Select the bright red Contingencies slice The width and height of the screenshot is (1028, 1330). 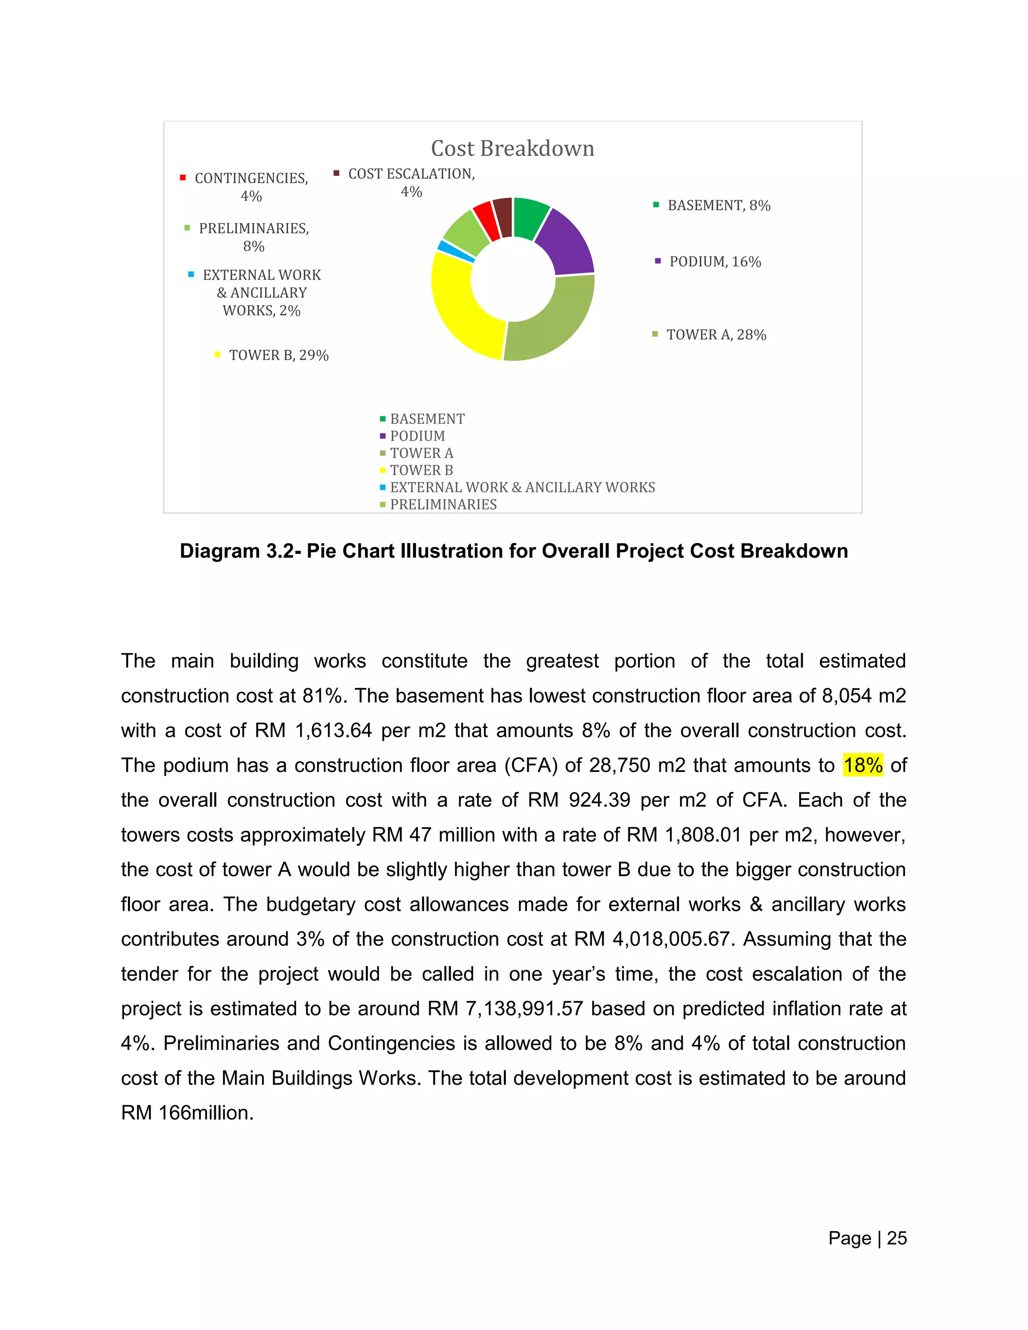pyautogui.click(x=485, y=219)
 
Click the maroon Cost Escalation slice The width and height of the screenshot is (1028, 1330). pyautogui.click(x=503, y=216)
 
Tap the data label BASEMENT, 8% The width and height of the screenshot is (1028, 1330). pyautogui.click(x=719, y=205)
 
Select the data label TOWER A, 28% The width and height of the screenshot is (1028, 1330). pyautogui.click(x=716, y=334)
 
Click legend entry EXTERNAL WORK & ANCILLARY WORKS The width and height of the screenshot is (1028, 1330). pyautogui.click(x=522, y=487)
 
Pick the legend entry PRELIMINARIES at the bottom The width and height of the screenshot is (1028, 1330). pyautogui.click(x=443, y=504)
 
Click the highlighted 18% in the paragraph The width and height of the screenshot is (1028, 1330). pyautogui.click(x=862, y=765)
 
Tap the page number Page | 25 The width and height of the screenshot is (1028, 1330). pyautogui.click(x=867, y=1238)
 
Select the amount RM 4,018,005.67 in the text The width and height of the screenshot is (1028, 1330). pyautogui.click(x=651, y=939)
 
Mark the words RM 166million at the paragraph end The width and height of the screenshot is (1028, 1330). pyautogui.click(x=187, y=1113)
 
